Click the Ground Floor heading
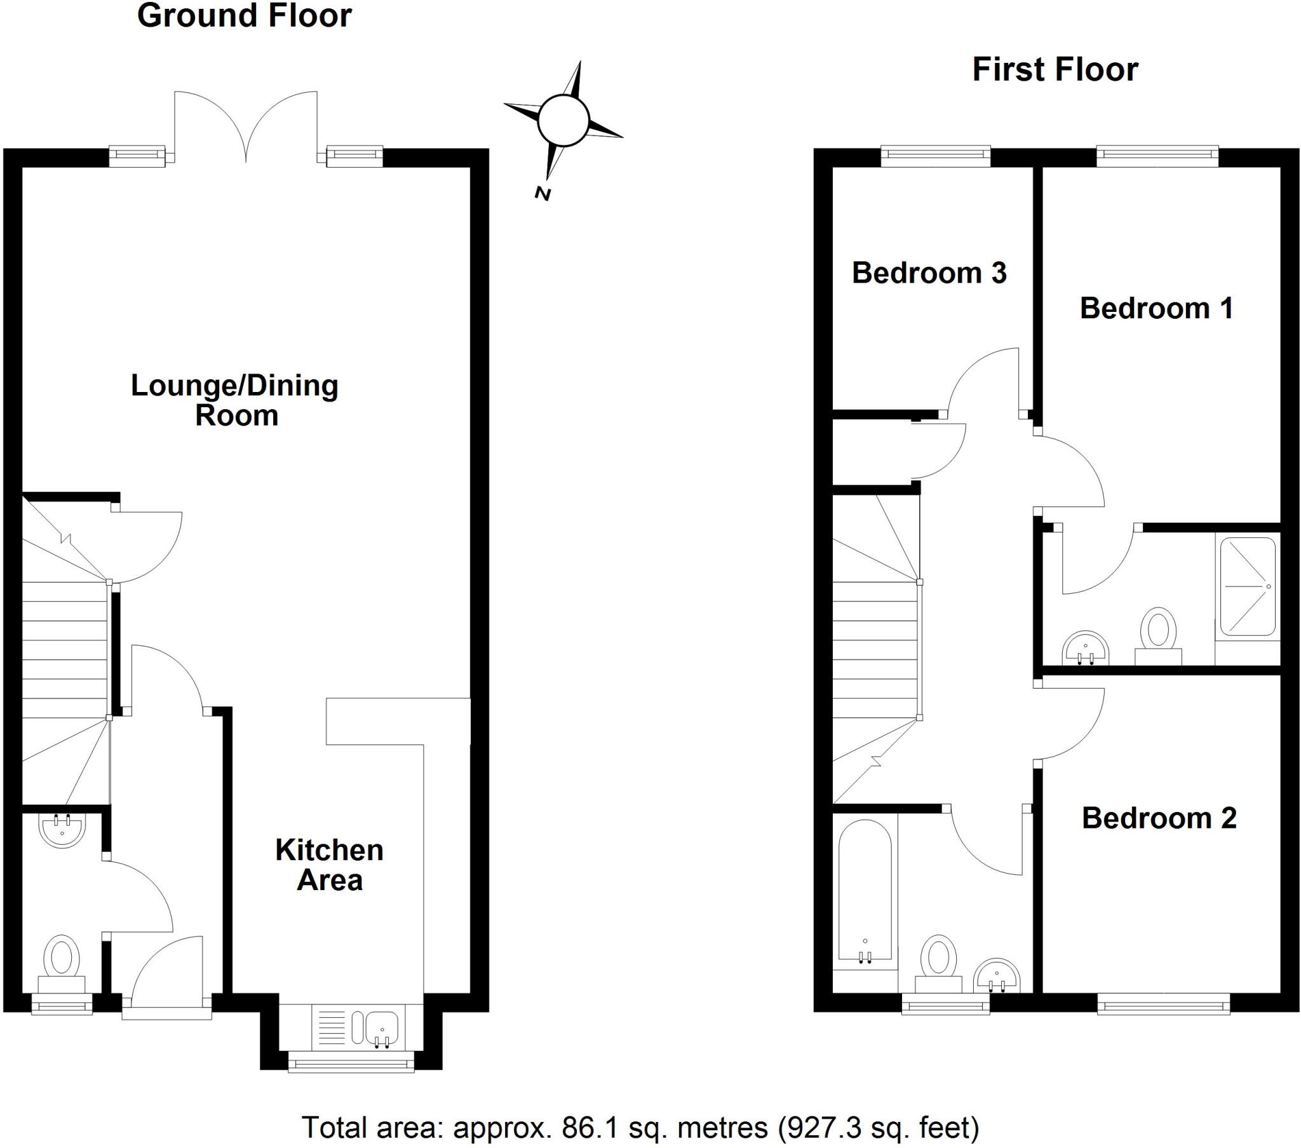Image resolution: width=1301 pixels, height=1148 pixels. point(245,16)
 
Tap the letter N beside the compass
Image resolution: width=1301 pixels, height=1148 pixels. point(543,194)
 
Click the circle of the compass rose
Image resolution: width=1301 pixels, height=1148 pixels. point(563,119)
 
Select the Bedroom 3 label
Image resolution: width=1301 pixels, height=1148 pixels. point(929,273)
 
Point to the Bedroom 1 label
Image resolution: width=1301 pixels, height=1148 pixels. point(1157,308)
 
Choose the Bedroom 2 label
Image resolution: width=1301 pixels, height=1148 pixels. point(1159,818)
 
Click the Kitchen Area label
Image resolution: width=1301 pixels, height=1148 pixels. point(329,865)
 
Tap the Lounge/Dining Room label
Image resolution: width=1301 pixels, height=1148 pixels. point(235,400)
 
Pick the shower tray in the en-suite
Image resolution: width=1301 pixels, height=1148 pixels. point(1247,586)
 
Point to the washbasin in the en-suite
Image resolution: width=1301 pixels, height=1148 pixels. point(1086,647)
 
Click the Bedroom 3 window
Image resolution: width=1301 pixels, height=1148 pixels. point(935,155)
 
